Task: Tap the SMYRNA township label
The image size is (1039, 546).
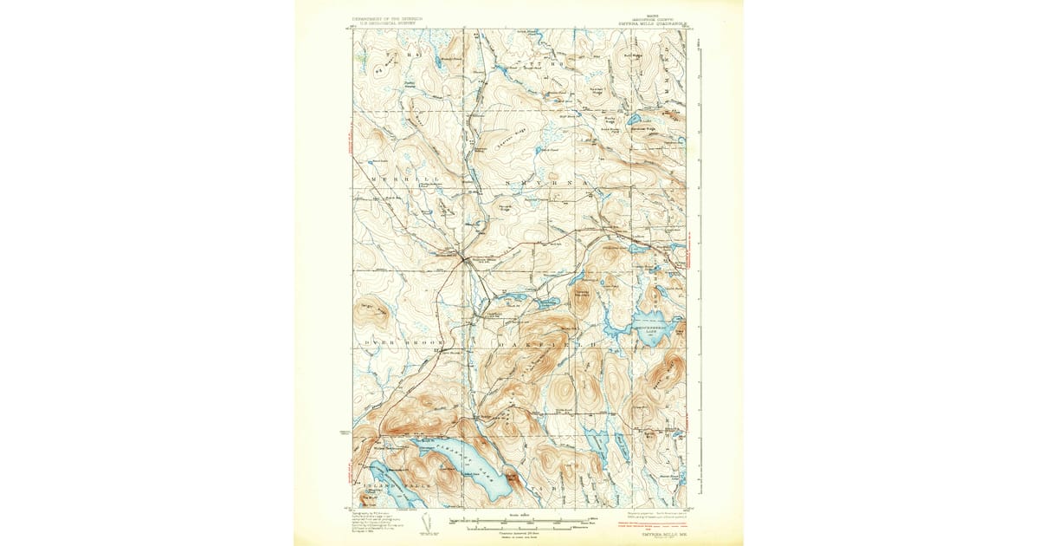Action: pos(545,185)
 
